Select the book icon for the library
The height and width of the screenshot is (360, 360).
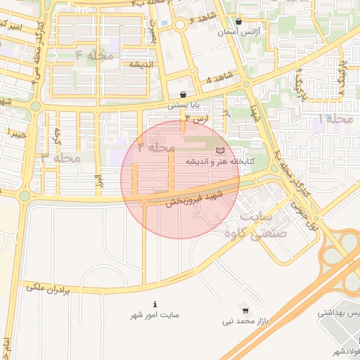coord(221,150)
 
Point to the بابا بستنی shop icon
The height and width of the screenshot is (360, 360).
coord(184,94)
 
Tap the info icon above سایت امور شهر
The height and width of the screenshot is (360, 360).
coord(155,304)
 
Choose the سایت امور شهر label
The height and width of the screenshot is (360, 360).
coord(155,315)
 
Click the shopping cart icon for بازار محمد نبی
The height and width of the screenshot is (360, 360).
coord(245,310)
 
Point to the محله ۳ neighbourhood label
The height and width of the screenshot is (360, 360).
coord(62,157)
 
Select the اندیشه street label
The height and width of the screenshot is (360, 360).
coord(141,64)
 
